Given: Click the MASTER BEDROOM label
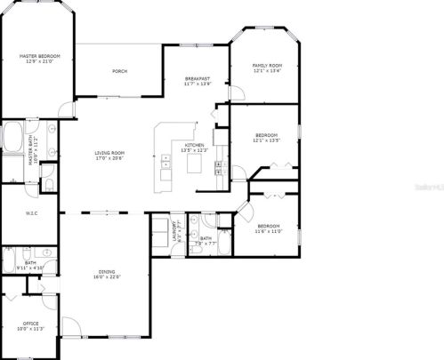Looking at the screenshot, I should (37, 56).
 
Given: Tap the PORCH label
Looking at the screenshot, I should (119, 71).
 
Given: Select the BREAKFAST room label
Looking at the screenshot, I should (197, 78).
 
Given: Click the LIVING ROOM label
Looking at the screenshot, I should (109, 153).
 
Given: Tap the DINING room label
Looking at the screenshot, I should (109, 272).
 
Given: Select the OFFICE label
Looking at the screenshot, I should (30, 323).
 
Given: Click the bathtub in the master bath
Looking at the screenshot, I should (12, 139).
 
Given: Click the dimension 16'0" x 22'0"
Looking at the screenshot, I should (109, 277).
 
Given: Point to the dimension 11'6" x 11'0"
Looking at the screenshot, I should (268, 232).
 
